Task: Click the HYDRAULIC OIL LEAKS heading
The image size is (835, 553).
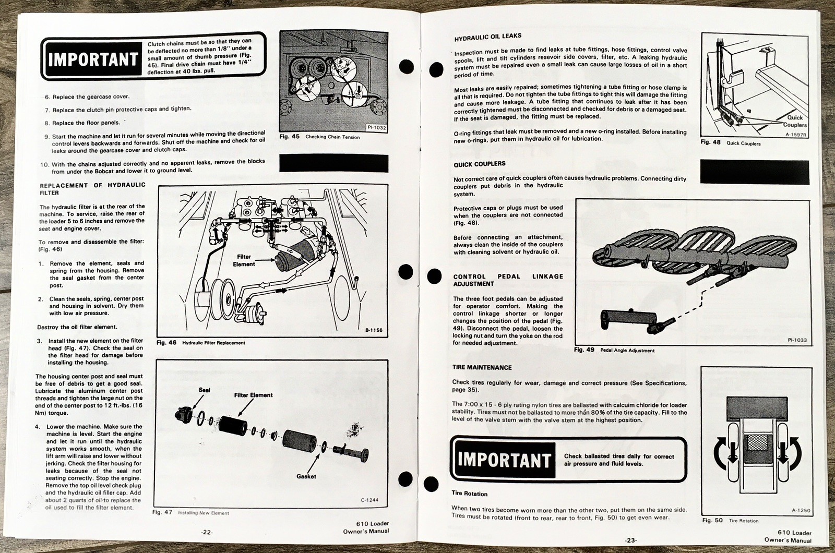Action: point(487,37)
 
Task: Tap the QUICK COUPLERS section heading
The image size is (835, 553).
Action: point(479,164)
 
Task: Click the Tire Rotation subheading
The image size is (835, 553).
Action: point(470,494)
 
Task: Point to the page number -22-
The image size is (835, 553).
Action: point(207,532)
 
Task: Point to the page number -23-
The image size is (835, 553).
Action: point(631,540)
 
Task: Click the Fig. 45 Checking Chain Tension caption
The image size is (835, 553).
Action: point(319,137)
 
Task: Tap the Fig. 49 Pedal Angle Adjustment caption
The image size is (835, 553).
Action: point(614,350)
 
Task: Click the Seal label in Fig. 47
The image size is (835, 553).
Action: point(205,390)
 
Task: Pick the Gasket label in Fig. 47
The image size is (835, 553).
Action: point(306,476)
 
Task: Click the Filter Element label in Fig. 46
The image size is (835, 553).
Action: point(244,260)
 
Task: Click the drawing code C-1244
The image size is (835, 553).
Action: point(369,500)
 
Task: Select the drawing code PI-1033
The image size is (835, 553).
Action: point(797,340)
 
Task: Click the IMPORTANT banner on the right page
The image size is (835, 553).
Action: point(504,460)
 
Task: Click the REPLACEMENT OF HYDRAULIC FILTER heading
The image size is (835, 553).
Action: point(92,189)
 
